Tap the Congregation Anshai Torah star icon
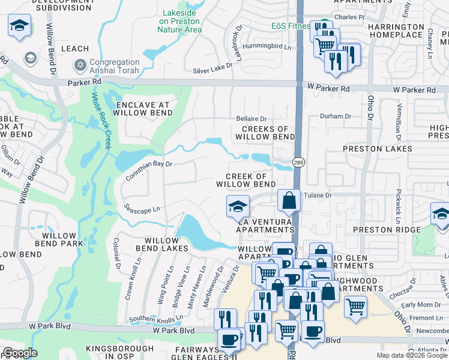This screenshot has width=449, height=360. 80,64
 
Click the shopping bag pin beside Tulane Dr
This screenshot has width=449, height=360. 289,202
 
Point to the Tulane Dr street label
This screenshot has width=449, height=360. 318,195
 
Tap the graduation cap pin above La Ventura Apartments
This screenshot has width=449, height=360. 238,206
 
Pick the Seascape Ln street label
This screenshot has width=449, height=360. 142,209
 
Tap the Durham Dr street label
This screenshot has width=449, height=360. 336,116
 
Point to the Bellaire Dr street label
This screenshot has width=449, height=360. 251,119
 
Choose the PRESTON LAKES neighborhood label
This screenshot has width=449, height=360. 378,148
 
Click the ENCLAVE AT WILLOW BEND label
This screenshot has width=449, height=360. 139,108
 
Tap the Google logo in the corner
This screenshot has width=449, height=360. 20,353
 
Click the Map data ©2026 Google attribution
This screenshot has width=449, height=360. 412,355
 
